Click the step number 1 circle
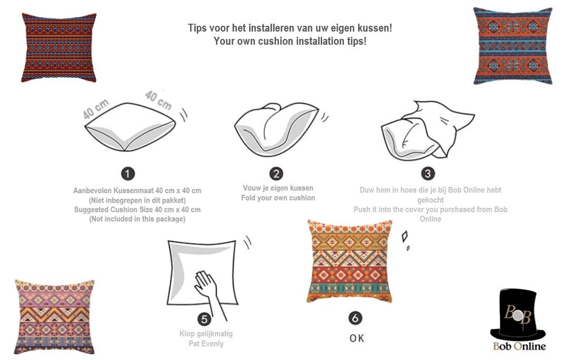pyautogui.click(x=127, y=174)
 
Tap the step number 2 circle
pyautogui.click(x=276, y=174)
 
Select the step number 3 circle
pyautogui.click(x=428, y=174)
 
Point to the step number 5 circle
pyautogui.click(x=204, y=319)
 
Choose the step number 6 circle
pyautogui.click(x=355, y=318)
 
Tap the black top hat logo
pyautogui.click(x=518, y=314)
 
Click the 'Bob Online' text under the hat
pyautogui.click(x=519, y=346)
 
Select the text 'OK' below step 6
pyautogui.click(x=357, y=338)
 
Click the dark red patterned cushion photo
pyautogui.click(x=59, y=47)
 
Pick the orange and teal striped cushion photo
pyautogui.click(x=513, y=46)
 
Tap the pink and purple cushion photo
pyautogui.click(x=54, y=316)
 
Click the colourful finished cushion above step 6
pyautogui.click(x=350, y=261)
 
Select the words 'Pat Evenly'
pyautogui.click(x=206, y=344)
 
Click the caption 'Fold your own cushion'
pyautogui.click(x=278, y=198)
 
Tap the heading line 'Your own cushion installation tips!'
pyautogui.click(x=290, y=41)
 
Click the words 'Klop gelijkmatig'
pyautogui.click(x=206, y=334)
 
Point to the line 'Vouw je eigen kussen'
pyautogui.click(x=278, y=188)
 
